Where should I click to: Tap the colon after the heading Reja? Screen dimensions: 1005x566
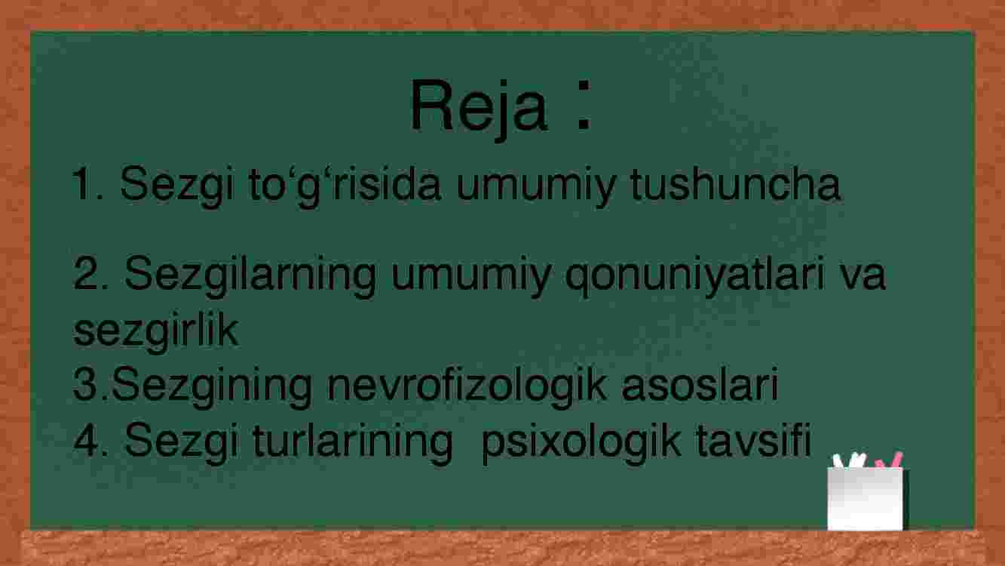[584, 105]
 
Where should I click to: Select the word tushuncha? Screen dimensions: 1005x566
[735, 183]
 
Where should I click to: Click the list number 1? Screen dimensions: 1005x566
[87, 183]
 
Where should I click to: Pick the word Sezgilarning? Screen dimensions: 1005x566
[250, 275]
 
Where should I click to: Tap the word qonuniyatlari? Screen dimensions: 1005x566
[695, 275]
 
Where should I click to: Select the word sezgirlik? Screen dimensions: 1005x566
[155, 332]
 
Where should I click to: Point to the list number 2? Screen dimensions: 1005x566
[90, 273]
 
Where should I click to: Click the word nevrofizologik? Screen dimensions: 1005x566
[467, 386]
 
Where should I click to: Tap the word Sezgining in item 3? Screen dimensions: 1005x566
[211, 386]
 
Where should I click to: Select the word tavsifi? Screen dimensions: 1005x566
[753, 439]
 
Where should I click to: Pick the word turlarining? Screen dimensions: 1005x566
[352, 443]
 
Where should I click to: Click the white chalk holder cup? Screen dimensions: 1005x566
[865, 499]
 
